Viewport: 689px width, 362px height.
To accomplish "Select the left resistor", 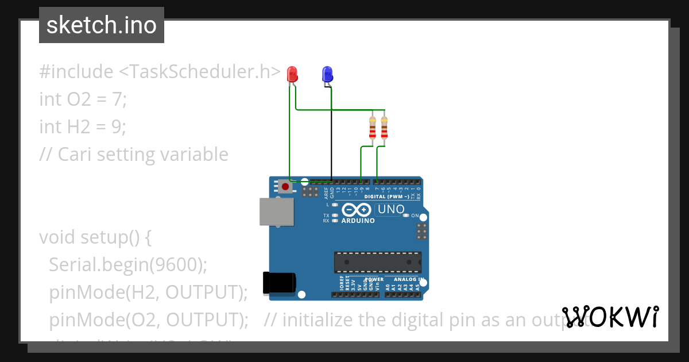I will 373,129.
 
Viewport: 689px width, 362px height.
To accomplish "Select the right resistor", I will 384,129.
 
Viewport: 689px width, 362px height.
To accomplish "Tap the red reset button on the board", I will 285,186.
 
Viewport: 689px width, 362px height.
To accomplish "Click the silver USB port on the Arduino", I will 276,211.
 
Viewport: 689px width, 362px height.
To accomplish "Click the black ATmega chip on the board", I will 378,262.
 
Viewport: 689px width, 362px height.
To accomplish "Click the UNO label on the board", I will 391,210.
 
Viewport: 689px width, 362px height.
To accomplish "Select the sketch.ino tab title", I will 102,25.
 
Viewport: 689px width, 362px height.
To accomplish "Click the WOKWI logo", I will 610,317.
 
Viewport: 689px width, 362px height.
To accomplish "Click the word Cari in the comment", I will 76,154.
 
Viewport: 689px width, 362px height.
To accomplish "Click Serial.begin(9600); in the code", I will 128,264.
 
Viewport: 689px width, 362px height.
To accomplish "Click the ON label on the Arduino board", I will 415,215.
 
